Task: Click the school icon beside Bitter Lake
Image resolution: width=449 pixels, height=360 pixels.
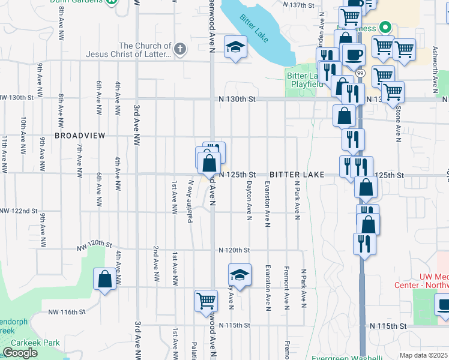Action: coord(236,47)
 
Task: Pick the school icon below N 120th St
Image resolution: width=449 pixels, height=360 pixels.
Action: coord(240,276)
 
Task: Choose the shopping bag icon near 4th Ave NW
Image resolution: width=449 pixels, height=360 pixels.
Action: coord(105,278)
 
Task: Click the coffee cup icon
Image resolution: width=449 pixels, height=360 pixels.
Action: coord(354,54)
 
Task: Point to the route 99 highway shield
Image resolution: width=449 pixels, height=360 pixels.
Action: coord(360,73)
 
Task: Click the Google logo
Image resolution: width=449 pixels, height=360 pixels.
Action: coord(20,353)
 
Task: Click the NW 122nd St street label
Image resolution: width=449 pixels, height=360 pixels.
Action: coord(19,212)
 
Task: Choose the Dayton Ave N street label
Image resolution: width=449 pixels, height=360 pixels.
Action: coord(248,201)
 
